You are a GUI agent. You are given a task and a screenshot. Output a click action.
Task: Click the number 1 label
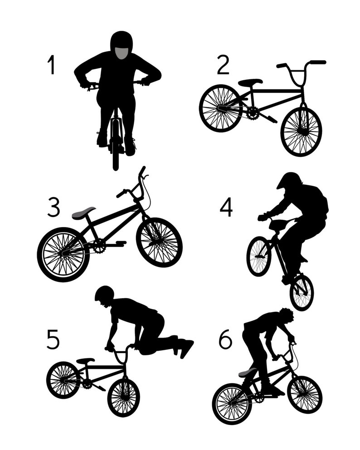(51, 65)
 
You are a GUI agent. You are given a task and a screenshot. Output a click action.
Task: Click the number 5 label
(53, 339)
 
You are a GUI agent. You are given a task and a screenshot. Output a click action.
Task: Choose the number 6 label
(225, 339)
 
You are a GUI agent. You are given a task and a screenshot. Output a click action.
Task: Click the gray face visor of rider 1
(121, 53)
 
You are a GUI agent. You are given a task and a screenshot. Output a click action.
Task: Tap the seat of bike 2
(250, 82)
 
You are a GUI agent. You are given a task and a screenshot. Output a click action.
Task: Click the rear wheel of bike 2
(221, 108)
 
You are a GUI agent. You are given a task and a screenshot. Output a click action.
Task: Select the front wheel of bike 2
(301, 131)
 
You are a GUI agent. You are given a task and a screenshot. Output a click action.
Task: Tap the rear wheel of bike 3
(63, 254)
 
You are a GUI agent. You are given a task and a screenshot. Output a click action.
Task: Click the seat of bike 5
(85, 361)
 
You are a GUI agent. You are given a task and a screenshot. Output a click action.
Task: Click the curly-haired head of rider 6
(286, 315)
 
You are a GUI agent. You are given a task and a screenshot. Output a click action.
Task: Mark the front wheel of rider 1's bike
(116, 150)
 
